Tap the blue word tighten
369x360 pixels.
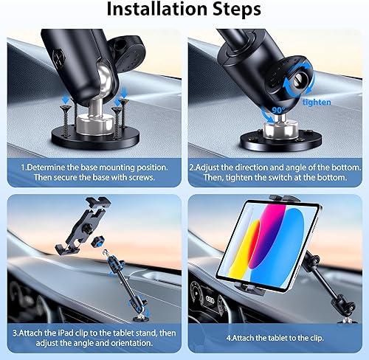tap(317, 103)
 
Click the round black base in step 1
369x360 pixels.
tap(95, 139)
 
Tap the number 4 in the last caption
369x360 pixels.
tap(228, 336)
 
